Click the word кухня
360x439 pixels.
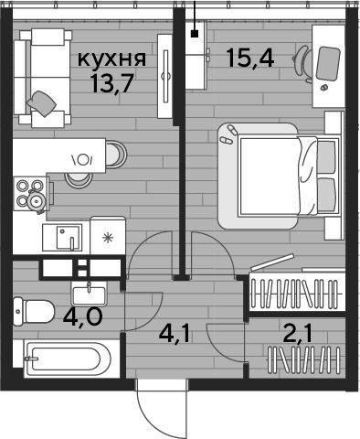(x=111, y=59)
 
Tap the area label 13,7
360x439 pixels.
(x=111, y=84)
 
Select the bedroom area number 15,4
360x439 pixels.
(x=250, y=58)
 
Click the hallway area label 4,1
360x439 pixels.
(x=175, y=335)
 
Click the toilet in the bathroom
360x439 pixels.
(x=34, y=312)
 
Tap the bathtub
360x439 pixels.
(x=67, y=359)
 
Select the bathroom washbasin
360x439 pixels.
(x=89, y=294)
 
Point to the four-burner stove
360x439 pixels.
(x=30, y=194)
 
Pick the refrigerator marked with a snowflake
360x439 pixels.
(x=108, y=235)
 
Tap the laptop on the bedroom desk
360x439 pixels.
(x=328, y=63)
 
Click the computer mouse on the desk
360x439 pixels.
(x=323, y=87)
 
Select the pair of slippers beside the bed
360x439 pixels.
(x=229, y=135)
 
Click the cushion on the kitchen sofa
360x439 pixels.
(x=42, y=103)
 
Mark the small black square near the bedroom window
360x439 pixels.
(x=195, y=34)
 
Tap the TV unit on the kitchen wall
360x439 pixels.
(x=164, y=76)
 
